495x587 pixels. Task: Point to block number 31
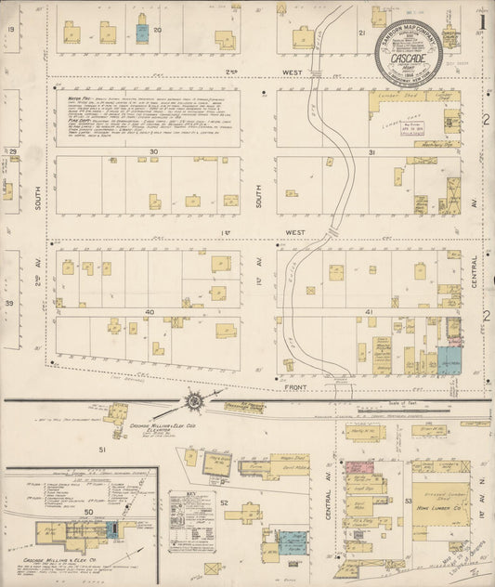click(x=371, y=151)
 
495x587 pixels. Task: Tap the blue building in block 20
click(x=141, y=34)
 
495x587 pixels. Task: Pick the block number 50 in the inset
click(x=89, y=511)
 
